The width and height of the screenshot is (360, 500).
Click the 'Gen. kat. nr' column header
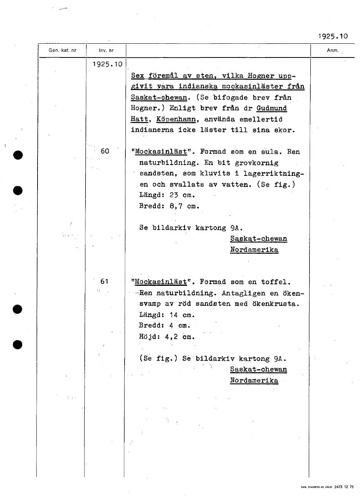point(62,50)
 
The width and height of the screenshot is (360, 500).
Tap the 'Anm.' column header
point(332,50)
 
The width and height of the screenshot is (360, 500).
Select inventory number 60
point(105,151)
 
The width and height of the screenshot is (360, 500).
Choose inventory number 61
point(105,282)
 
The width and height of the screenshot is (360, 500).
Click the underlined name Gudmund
point(272,108)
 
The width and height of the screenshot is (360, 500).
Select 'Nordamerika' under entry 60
point(254,250)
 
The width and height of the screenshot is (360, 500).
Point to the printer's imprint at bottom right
point(327,487)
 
